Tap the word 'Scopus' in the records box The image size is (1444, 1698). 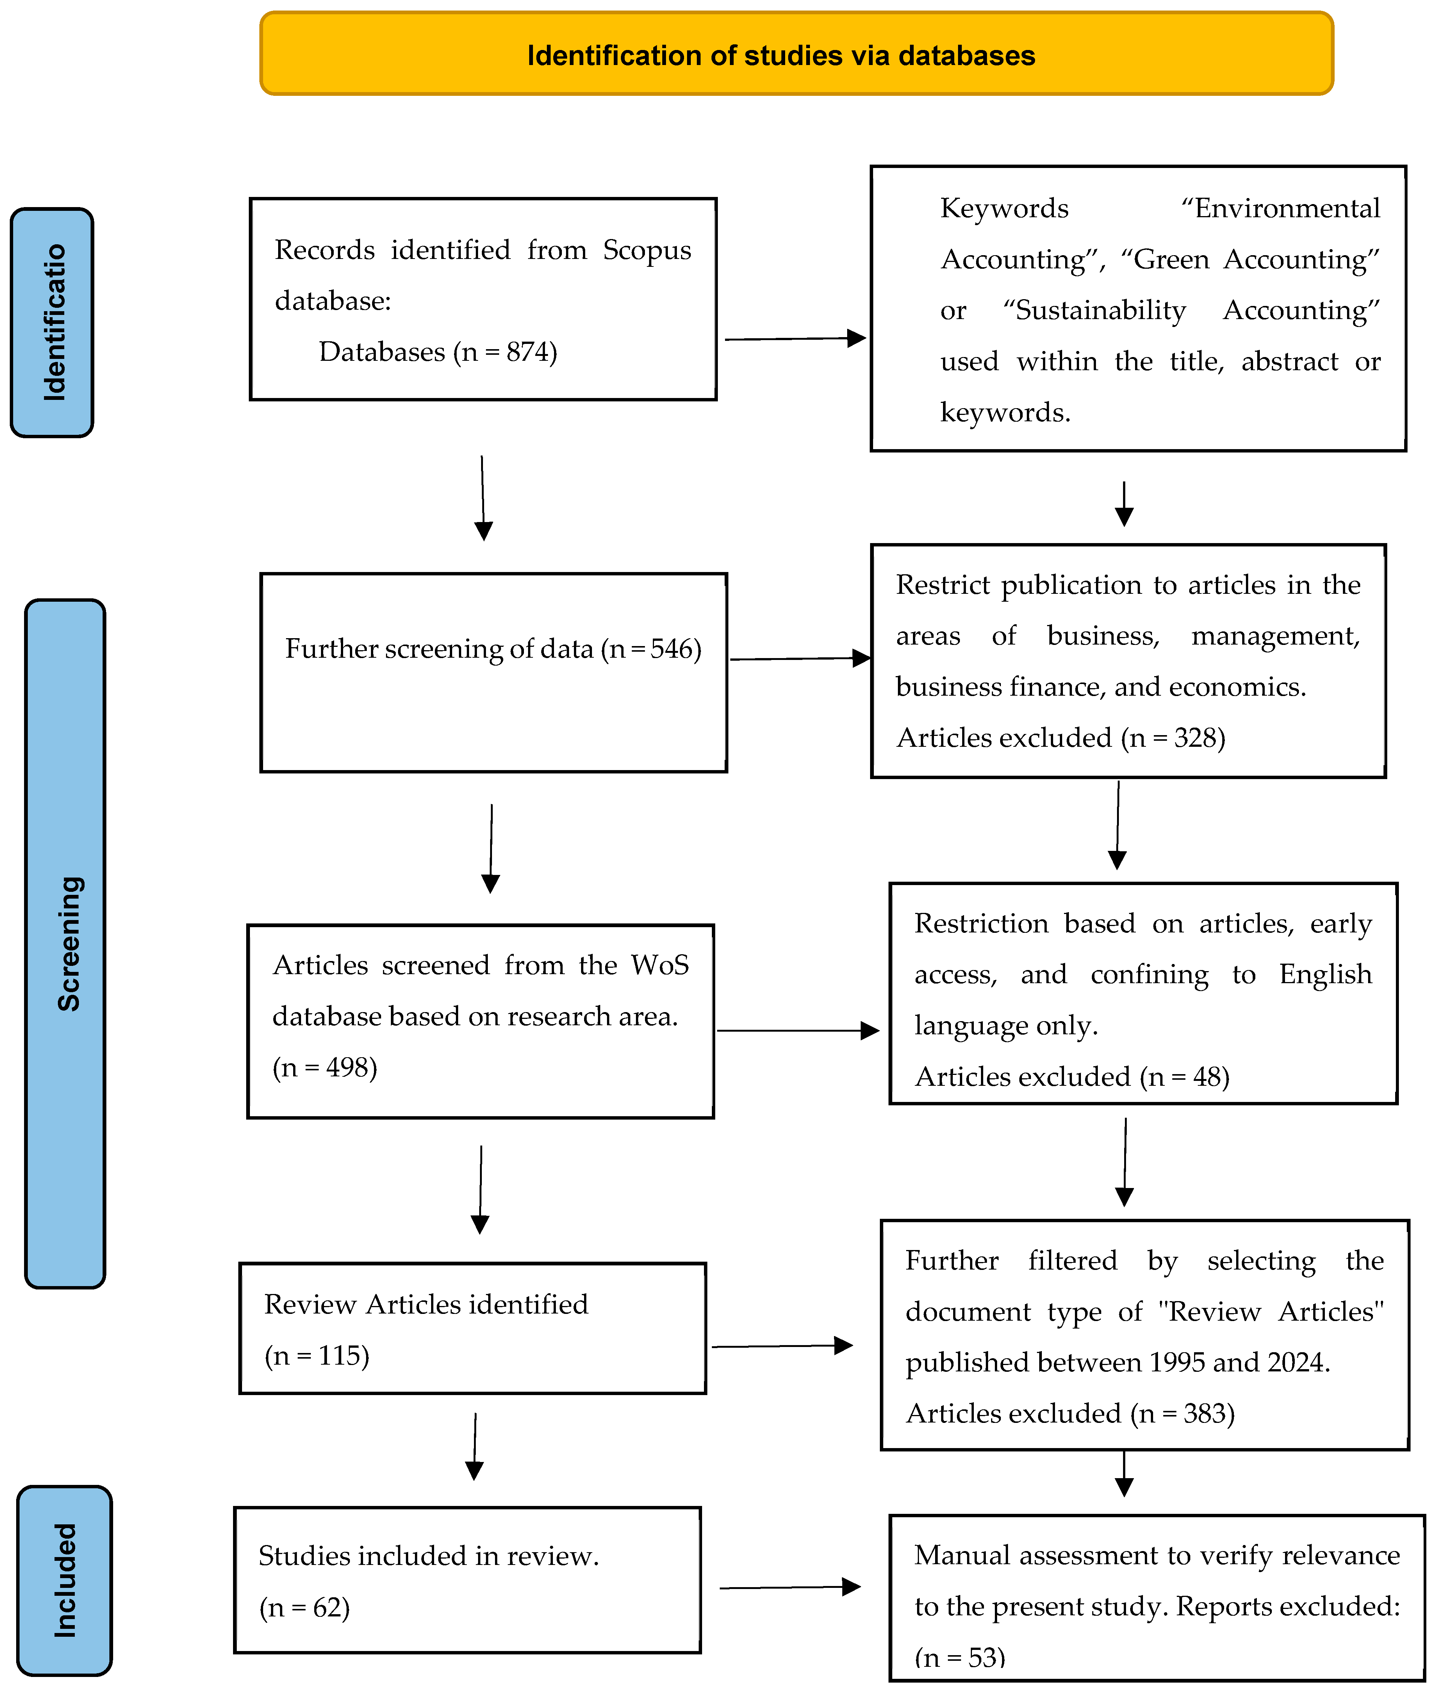[647, 250]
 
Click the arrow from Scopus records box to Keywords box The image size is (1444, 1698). [794, 338]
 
